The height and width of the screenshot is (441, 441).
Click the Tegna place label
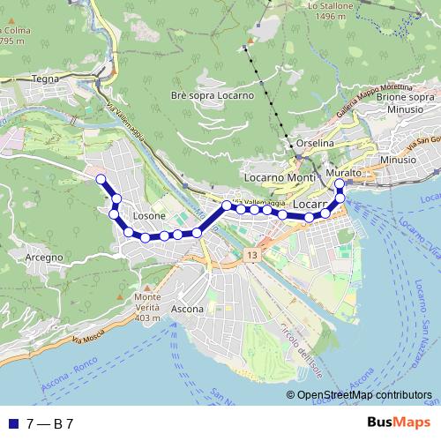click(44, 78)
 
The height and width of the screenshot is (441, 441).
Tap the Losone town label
click(148, 216)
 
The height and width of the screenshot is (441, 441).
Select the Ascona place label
click(187, 310)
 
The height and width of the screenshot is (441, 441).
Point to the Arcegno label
click(43, 257)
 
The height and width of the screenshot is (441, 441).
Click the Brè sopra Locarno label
click(213, 95)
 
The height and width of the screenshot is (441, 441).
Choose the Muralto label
click(343, 173)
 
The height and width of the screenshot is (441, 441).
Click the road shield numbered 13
click(253, 254)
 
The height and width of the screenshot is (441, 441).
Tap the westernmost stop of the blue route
click(101, 179)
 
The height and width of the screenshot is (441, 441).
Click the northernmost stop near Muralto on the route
click(340, 184)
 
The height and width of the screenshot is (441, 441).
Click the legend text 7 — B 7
click(49, 423)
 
